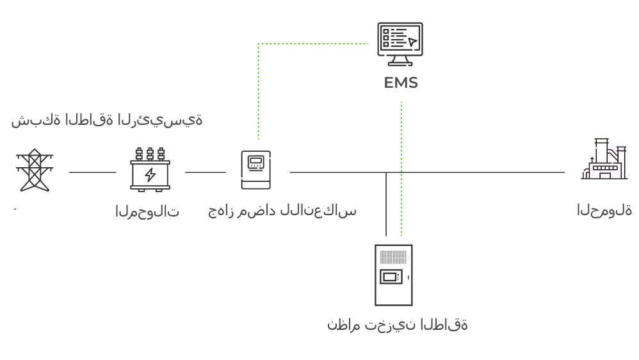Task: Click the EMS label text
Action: pos(401,83)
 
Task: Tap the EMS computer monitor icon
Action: pos(400,44)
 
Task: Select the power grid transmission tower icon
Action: pos(33,170)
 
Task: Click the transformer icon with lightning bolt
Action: pos(150,170)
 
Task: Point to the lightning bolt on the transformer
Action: pos(150,175)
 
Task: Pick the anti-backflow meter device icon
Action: pos(255,170)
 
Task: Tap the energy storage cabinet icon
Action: pos(393,275)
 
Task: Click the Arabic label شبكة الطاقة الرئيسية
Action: pos(106,120)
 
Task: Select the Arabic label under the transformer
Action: pos(147,211)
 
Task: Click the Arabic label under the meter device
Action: pos(282,211)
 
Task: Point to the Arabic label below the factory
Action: pos(604,209)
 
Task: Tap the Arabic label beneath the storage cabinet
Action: pos(397,325)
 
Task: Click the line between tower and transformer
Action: pos(92,172)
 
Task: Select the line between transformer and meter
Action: pos(205,172)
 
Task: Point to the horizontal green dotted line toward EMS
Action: pos(314,44)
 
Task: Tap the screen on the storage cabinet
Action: pos(390,277)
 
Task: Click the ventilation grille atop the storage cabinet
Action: pos(393,257)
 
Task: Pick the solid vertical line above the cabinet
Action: pos(386,205)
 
